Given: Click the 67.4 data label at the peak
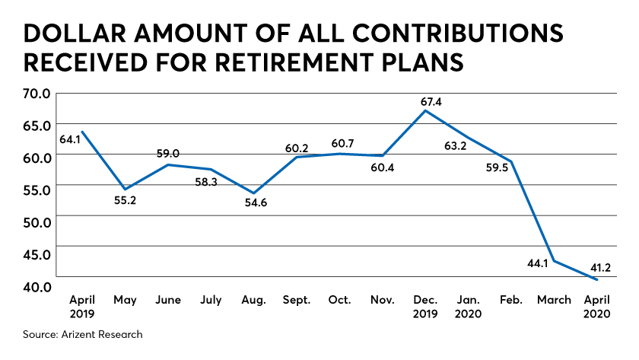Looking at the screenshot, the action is pyautogui.click(x=431, y=101).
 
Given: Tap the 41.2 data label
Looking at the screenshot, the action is pyautogui.click(x=600, y=267).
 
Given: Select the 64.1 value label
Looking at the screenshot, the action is pyautogui.click(x=70, y=139).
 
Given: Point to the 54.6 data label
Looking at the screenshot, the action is pyautogui.click(x=256, y=202).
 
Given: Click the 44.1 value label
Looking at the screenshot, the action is pyautogui.click(x=538, y=264).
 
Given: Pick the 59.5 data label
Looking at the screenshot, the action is pyautogui.click(x=497, y=167).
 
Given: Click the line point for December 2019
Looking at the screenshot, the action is pyautogui.click(x=425, y=110).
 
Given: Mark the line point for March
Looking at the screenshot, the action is pyautogui.click(x=555, y=261).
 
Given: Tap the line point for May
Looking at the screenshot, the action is pyautogui.click(x=125, y=190).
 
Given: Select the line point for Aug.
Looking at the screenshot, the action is pyautogui.click(x=254, y=193).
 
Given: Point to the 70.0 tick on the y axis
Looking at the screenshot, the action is pyautogui.click(x=37, y=94).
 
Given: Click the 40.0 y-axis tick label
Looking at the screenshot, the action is pyautogui.click(x=37, y=287).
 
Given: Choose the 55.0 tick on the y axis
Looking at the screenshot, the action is pyautogui.click(x=37, y=190).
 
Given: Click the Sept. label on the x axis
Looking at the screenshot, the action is pyautogui.click(x=297, y=301).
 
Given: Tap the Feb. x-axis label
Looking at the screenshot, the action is pyautogui.click(x=511, y=300).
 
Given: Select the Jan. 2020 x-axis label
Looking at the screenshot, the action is pyautogui.click(x=469, y=307).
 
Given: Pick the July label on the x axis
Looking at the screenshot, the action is pyautogui.click(x=211, y=301).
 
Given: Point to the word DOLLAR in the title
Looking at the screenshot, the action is pyautogui.click(x=75, y=33).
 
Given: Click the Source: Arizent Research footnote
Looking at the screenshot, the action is pyautogui.click(x=83, y=334).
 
